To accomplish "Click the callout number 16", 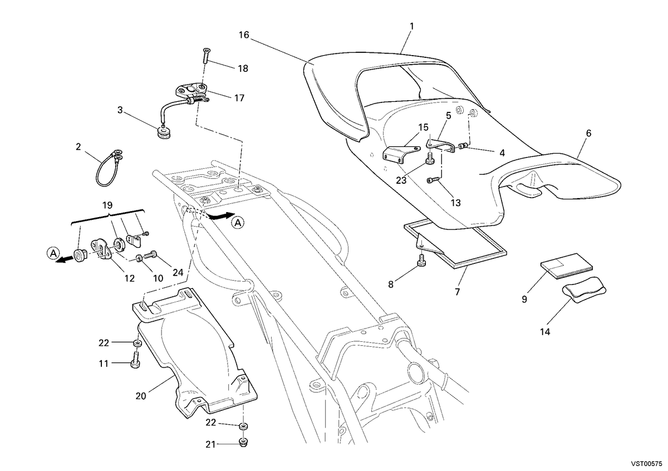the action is [244, 35].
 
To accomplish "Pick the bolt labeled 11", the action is [135, 360].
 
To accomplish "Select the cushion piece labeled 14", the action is [584, 290].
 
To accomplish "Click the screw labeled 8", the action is [423, 260].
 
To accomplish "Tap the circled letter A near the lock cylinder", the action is [53, 254].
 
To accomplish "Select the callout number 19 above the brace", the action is [107, 205].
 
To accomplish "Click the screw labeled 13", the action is [433, 180].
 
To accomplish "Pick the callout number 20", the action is [141, 396].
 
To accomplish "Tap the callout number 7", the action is [458, 291].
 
